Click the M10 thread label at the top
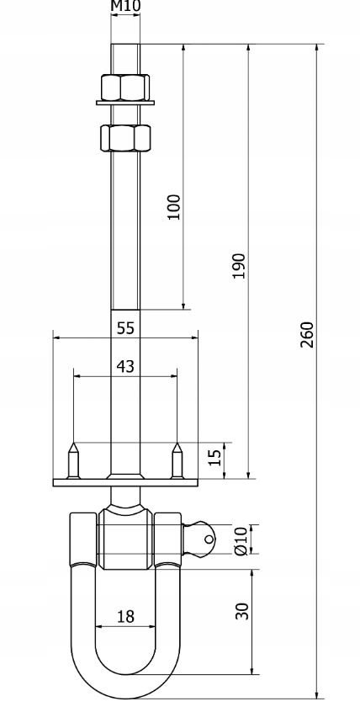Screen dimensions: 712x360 pyautogui.click(x=125, y=7)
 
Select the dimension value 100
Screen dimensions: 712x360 pyautogui.click(x=173, y=206)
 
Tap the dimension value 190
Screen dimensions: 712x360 pyautogui.click(x=239, y=265)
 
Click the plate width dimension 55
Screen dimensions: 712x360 pyautogui.click(x=125, y=328)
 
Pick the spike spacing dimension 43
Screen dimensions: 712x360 pyautogui.click(x=125, y=366)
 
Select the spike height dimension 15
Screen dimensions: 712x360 pyautogui.click(x=214, y=457)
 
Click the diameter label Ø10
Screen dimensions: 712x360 pyautogui.click(x=241, y=539)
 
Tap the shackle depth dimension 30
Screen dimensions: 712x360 pyautogui.click(x=243, y=610)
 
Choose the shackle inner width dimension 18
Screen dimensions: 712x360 pyautogui.click(x=125, y=616)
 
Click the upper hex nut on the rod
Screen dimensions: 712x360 pyautogui.click(x=125, y=87)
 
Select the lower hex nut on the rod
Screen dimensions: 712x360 pyautogui.click(x=125, y=136)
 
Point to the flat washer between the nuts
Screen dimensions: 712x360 pyautogui.click(x=125, y=104)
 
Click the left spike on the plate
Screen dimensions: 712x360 pyautogui.click(x=73, y=459)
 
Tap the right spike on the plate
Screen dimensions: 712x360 pyautogui.click(x=177, y=459)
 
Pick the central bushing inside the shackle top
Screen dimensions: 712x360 pyautogui.click(x=125, y=539)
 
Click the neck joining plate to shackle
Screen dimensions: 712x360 pyautogui.click(x=125, y=497)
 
